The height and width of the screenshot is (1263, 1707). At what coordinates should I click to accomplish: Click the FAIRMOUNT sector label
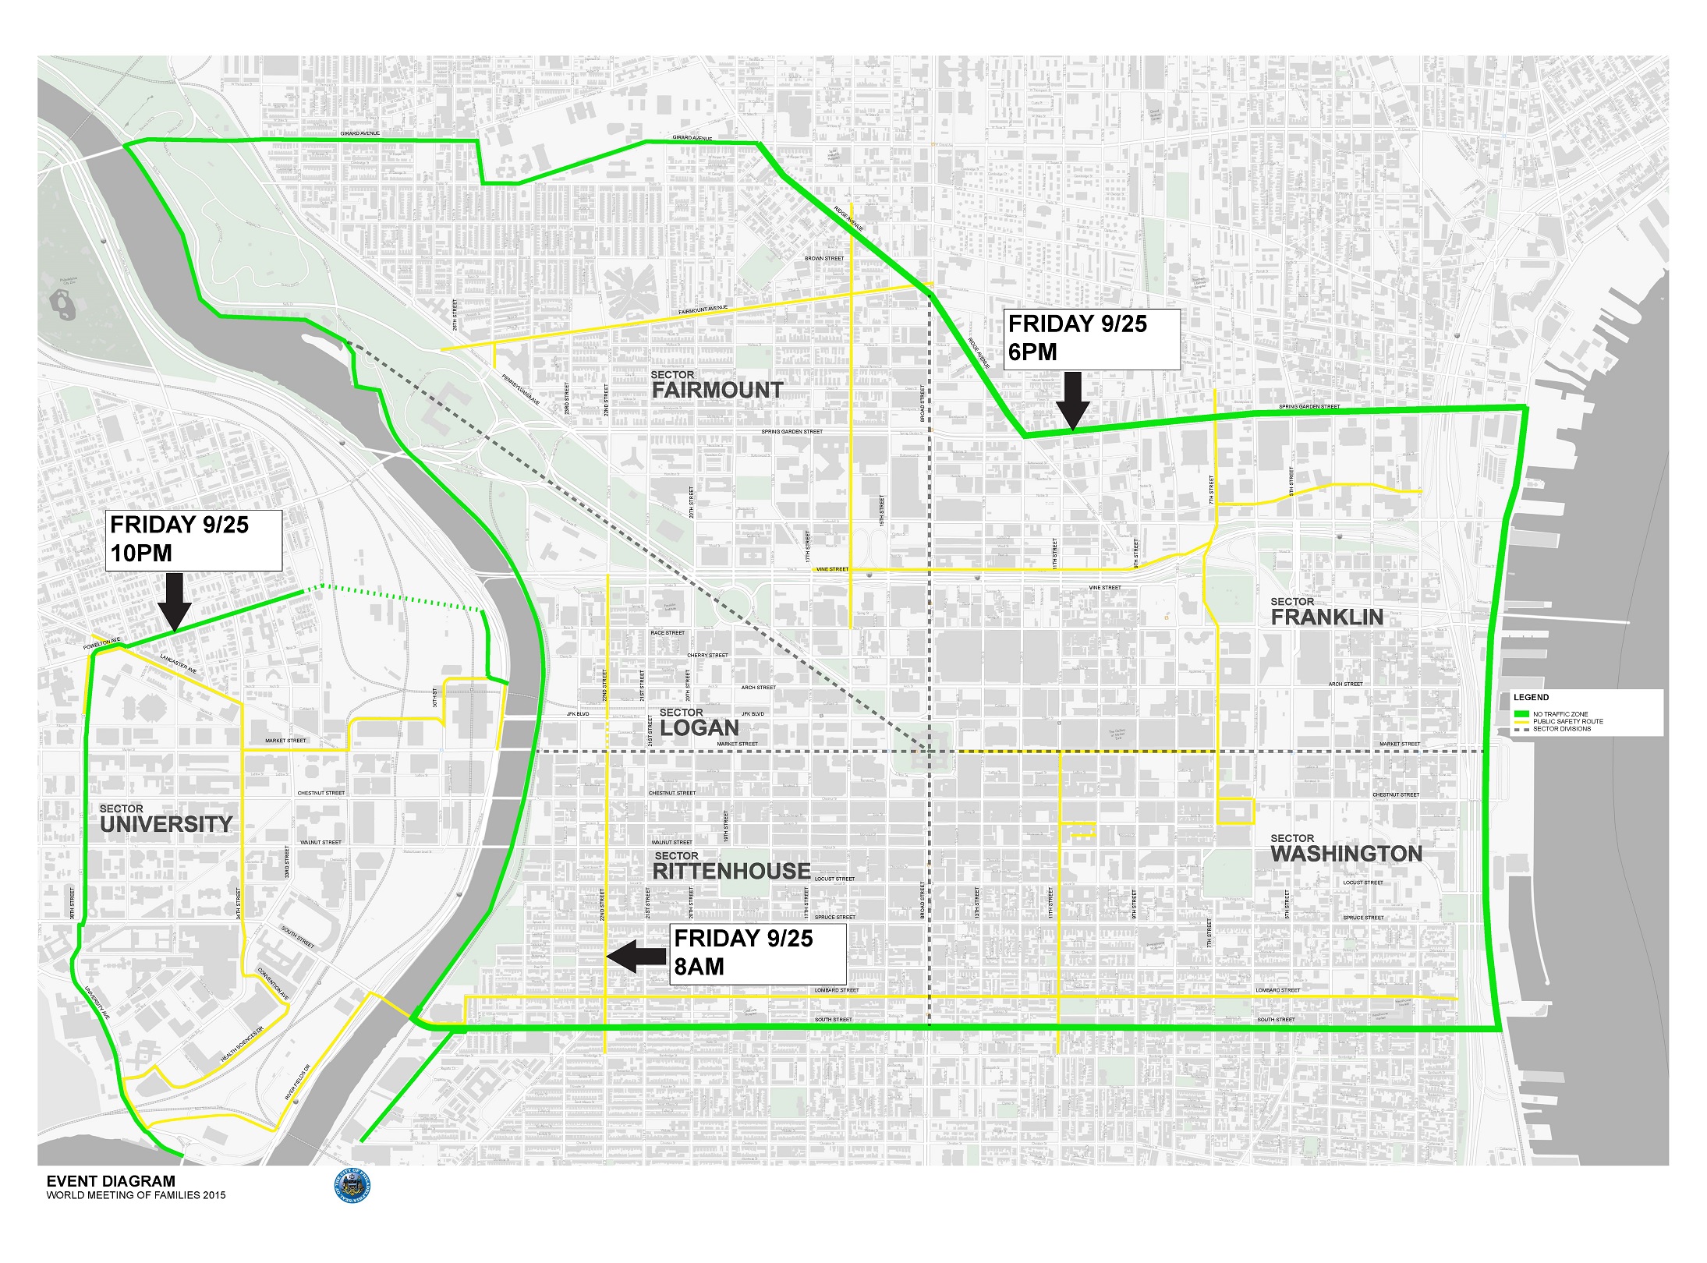coord(717,390)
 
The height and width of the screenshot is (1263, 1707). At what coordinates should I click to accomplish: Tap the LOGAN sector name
coord(699,727)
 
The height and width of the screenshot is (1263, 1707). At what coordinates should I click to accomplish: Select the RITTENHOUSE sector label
coord(731,871)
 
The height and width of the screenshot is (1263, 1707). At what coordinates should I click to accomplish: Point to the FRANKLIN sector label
coord(1327,617)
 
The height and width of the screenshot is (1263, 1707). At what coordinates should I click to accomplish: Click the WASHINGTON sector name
coord(1347,854)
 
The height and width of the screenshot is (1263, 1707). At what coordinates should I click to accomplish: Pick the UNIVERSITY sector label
coord(166,824)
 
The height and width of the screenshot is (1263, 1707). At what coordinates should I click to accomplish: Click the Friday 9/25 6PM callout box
coord(1093,338)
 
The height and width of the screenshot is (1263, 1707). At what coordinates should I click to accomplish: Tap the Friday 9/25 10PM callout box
coord(193,540)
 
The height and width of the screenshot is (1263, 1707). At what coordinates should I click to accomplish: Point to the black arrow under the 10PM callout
coord(175,601)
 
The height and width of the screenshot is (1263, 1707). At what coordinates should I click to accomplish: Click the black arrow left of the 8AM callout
coord(636,956)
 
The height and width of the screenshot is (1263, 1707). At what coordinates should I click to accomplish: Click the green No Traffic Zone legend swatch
coord(1521,714)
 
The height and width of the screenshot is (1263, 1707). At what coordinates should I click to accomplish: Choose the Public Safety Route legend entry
coord(1567,722)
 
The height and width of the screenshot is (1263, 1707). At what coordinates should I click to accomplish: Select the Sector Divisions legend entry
coord(1561,729)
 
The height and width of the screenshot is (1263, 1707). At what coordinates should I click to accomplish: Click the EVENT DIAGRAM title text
coord(111,1181)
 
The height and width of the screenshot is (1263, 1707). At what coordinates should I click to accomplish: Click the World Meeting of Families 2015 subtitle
coord(136,1195)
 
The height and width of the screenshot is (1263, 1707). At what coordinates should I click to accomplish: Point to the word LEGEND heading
coord(1531,697)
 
